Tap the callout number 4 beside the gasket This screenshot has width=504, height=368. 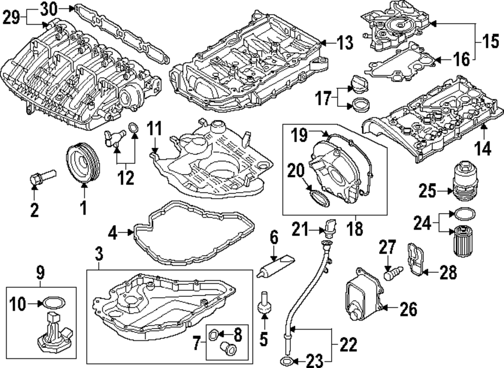(x=113, y=232)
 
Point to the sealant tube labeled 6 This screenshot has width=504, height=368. (x=276, y=266)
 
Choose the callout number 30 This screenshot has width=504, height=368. (x=49, y=9)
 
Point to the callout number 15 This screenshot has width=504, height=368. (x=487, y=40)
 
